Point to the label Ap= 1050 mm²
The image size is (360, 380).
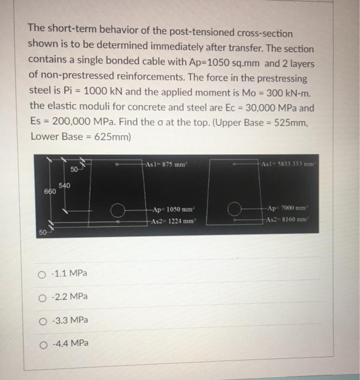(x=170, y=210)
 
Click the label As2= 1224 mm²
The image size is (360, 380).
(x=169, y=220)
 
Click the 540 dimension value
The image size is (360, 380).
(x=65, y=186)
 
